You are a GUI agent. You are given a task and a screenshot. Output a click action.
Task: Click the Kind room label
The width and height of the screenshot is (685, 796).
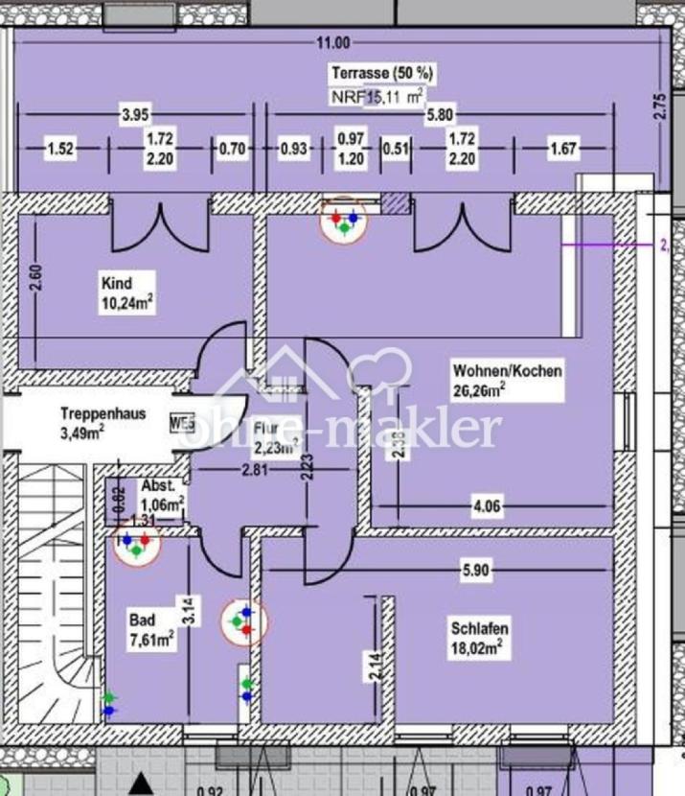115,283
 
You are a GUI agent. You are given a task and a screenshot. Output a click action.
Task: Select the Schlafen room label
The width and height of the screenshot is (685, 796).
479,629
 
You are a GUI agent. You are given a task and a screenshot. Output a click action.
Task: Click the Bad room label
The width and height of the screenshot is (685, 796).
142,620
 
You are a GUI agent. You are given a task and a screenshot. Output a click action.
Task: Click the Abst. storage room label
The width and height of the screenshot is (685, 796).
157,486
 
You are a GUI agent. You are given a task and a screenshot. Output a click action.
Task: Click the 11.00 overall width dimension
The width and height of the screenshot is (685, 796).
334,42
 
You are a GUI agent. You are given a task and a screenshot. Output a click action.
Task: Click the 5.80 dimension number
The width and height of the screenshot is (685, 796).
439,114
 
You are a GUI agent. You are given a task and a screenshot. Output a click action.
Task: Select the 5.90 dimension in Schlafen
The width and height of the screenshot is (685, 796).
475,569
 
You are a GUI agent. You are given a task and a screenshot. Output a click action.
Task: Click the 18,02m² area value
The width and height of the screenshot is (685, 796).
478,647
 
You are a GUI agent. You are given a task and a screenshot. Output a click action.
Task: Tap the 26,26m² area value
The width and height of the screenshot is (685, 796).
480,389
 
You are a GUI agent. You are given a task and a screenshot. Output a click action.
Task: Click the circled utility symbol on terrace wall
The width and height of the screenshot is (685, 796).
342,220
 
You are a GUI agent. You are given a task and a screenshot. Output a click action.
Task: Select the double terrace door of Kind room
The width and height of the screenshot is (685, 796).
155,221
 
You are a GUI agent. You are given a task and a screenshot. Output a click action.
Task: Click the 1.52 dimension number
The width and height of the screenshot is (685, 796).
60,149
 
